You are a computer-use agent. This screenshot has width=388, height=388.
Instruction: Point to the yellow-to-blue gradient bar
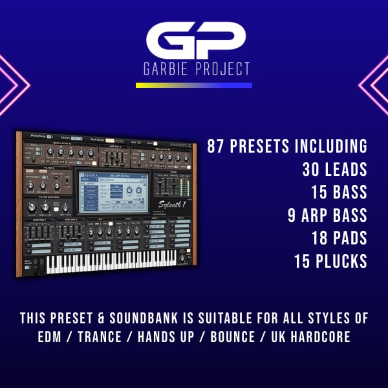pyautogui.click(x=194, y=85)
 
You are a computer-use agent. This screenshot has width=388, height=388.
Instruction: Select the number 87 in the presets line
pyautogui.click(x=217, y=146)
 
